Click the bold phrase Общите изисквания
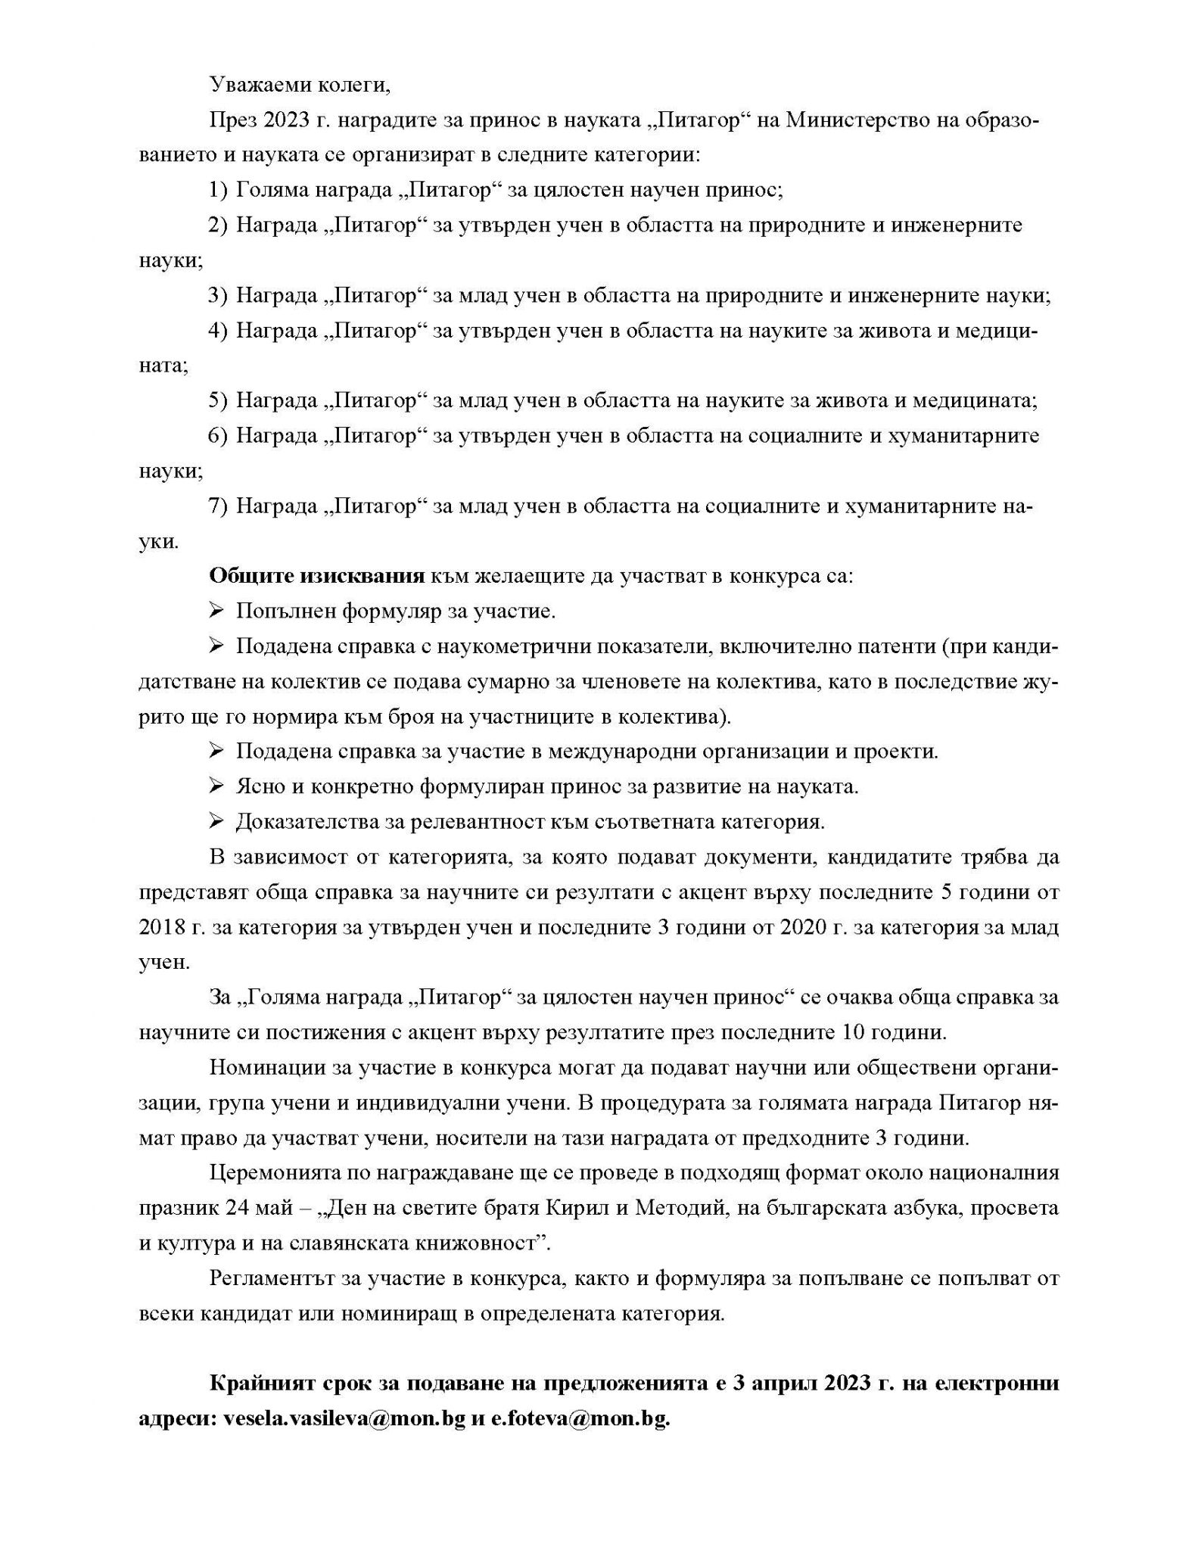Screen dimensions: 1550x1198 click(x=316, y=576)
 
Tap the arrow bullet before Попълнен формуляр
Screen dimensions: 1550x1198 click(x=216, y=611)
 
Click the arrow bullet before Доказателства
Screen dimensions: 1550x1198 click(x=216, y=821)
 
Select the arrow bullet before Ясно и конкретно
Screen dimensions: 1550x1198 click(x=216, y=786)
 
